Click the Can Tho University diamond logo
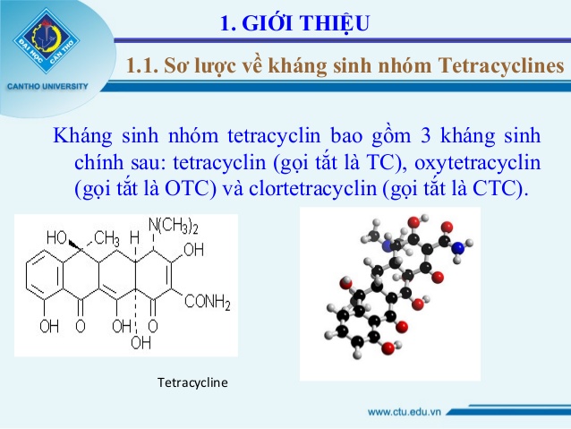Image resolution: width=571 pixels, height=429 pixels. point(47,41)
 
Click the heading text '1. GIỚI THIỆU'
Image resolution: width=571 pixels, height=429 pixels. point(295,23)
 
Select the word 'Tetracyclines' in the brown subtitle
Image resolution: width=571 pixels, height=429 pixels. point(501,65)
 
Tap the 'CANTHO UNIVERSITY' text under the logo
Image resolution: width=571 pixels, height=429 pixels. point(47,86)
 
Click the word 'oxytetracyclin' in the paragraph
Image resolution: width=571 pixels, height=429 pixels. point(477,162)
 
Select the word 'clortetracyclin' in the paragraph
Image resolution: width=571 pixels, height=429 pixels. point(312,188)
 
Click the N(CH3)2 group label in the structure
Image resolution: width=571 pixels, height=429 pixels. point(174,226)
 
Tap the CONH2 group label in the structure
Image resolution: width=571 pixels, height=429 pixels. point(208,302)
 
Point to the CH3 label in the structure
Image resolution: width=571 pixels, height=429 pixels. point(107,239)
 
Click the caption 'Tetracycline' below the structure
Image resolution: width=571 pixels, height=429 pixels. point(192,382)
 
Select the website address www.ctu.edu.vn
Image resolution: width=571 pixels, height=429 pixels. point(405,412)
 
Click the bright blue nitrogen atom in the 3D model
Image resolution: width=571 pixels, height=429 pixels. point(458,248)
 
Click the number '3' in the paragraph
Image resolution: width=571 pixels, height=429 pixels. point(425,135)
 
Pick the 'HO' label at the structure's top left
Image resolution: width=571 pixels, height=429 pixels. point(56,237)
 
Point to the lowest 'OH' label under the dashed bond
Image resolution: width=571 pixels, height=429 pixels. point(141,342)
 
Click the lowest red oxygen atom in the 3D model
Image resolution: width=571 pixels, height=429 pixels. point(388,348)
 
